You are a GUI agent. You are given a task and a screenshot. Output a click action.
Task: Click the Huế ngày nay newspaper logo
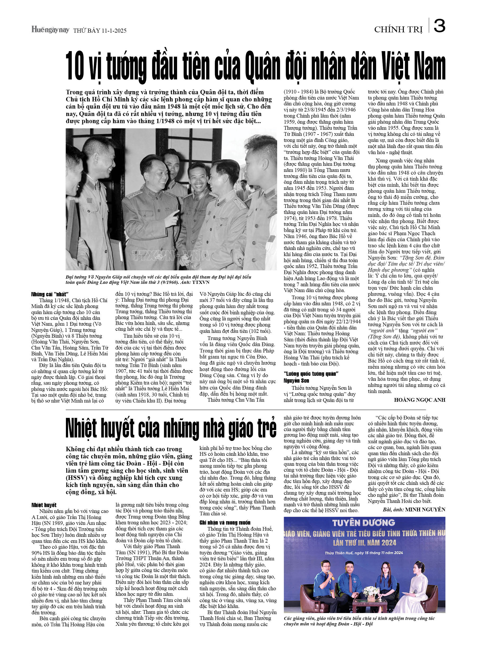[50, 30]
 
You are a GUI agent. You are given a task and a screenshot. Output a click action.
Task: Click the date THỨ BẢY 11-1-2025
[100, 30]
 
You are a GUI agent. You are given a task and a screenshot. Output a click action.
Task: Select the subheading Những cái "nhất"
[50, 294]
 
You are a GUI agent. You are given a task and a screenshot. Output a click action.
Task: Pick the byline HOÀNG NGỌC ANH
[419, 400]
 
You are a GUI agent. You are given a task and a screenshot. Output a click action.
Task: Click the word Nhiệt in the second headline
[88, 429]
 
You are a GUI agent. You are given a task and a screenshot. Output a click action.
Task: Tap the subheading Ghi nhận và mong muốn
[225, 522]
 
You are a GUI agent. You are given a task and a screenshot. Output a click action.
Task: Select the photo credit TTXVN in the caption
[201, 282]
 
